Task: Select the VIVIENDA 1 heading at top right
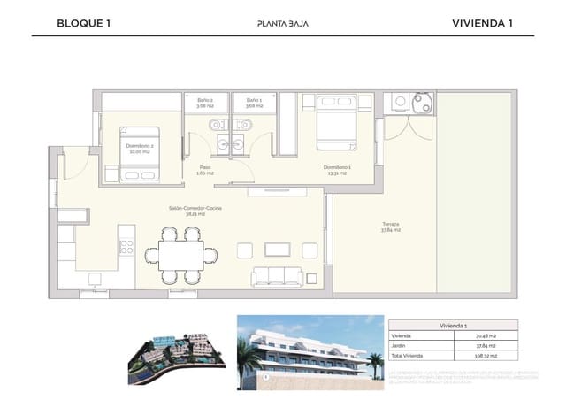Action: point(482,23)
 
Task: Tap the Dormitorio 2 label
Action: point(139,148)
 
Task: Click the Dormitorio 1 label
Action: point(337,170)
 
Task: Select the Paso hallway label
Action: point(204,170)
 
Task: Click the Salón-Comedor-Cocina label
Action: point(195,211)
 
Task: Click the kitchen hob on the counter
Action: point(126,239)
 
